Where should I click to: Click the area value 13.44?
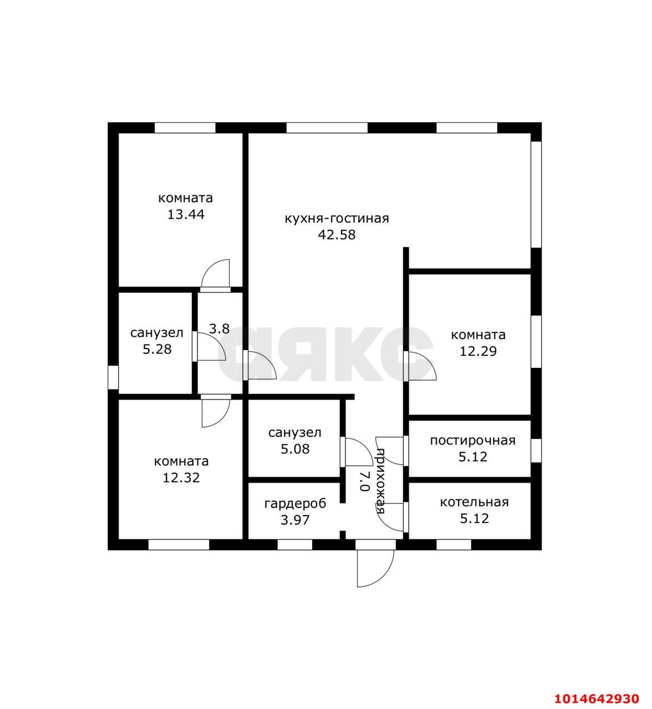186,214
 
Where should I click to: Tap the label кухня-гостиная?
337,218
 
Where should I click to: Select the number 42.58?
337,235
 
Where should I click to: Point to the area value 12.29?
478,351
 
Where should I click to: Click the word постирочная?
472,440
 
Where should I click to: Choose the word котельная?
475,502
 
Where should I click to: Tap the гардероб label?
296,504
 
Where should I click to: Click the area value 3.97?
296,520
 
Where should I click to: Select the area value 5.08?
296,449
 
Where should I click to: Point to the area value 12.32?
181,477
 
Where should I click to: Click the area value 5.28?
157,349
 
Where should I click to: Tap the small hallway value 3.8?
220,329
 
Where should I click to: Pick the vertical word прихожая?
381,481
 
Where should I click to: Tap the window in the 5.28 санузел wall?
113,377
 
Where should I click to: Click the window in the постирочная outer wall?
536,450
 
